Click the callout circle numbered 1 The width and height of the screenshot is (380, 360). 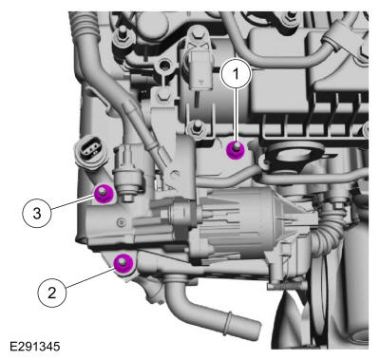pyautogui.click(x=236, y=73)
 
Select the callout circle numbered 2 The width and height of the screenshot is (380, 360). pyautogui.click(x=52, y=293)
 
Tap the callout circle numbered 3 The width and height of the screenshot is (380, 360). pyautogui.click(x=37, y=213)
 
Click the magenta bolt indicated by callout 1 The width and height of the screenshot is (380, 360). pyautogui.click(x=236, y=149)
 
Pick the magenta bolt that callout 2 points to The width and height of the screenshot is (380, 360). pyautogui.click(x=123, y=263)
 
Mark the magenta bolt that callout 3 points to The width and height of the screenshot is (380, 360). pyautogui.click(x=104, y=194)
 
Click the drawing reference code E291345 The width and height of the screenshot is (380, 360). pyautogui.click(x=35, y=346)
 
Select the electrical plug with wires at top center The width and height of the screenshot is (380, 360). pyautogui.click(x=199, y=69)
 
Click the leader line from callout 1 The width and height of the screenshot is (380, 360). pyautogui.click(x=236, y=115)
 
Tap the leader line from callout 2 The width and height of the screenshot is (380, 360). pyautogui.click(x=90, y=278)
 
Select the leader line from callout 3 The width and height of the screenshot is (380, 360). pyautogui.click(x=73, y=202)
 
